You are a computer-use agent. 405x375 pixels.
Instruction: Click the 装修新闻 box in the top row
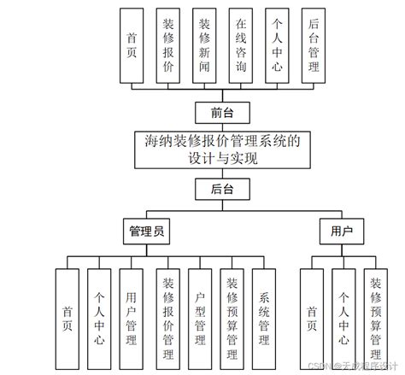coord(205,46)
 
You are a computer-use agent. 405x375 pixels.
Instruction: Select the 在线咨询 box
coord(242,46)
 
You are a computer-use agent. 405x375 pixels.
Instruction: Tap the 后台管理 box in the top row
coord(314,46)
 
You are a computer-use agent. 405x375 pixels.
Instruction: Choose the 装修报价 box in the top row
coord(169,46)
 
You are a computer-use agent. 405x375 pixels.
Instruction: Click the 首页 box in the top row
coord(132,46)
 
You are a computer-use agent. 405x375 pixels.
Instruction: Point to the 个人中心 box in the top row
coord(277,46)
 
